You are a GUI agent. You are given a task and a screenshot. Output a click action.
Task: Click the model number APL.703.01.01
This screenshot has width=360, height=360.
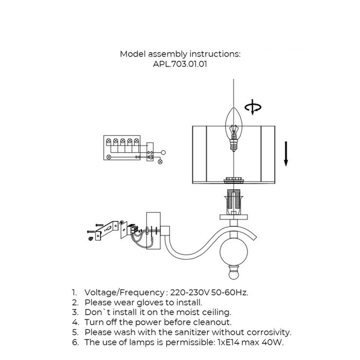180,64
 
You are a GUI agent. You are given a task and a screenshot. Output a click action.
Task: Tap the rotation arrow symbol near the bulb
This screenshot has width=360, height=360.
253,107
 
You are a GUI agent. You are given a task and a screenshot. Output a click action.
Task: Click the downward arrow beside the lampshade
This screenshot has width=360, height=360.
286,154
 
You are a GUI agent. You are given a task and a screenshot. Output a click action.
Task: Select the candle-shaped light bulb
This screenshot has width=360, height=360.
233,129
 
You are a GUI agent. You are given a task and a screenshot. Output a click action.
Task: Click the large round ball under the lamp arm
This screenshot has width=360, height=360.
233,251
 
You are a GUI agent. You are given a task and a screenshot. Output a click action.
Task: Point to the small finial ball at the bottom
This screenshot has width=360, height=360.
233,274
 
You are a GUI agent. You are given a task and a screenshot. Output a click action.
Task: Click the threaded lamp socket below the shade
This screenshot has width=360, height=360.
233,202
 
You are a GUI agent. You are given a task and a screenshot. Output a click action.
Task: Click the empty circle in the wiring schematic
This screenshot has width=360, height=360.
163,152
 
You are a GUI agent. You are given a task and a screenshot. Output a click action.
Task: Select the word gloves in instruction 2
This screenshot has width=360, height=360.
152,302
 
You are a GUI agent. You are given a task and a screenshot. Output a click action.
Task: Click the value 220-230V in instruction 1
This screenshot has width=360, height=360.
190,293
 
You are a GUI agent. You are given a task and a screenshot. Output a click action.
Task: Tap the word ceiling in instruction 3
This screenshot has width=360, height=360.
217,313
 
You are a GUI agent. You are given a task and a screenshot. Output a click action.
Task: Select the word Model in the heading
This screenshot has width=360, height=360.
133,54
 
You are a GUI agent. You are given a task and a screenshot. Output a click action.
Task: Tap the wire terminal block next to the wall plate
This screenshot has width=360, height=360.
134,229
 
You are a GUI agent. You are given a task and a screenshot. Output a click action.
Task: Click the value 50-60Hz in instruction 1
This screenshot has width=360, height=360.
229,293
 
